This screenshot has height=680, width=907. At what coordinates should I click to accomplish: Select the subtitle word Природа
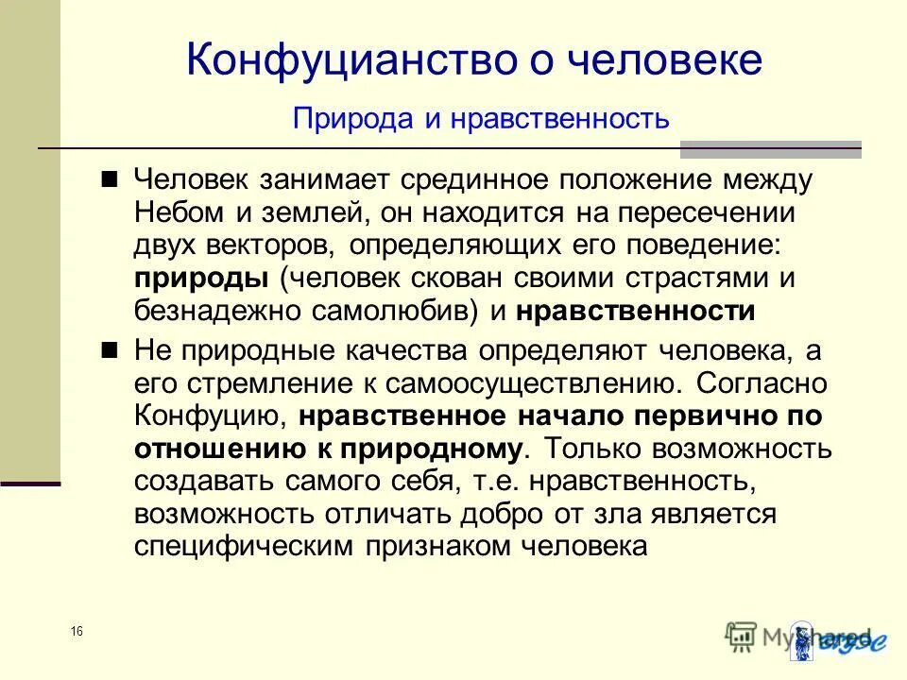340,119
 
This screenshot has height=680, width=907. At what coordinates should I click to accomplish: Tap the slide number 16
76,631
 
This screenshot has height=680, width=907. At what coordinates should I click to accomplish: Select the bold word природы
199,280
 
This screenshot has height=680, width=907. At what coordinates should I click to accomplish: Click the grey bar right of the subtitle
771,148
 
